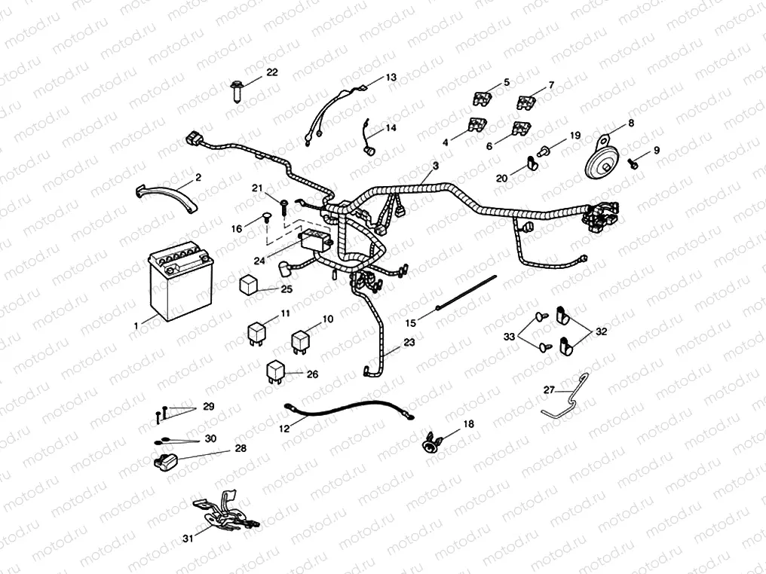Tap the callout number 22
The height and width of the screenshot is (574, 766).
pyautogui.click(x=271, y=72)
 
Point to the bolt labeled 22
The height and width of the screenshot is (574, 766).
pyautogui.click(x=235, y=92)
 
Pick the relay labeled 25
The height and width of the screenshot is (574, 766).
pyautogui.click(x=251, y=285)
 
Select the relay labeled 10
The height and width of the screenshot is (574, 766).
pyautogui.click(x=302, y=340)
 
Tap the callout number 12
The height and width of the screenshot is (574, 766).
pyautogui.click(x=285, y=429)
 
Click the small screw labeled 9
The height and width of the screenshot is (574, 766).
pyautogui.click(x=634, y=160)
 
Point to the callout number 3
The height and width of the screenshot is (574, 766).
pyautogui.click(x=435, y=165)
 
